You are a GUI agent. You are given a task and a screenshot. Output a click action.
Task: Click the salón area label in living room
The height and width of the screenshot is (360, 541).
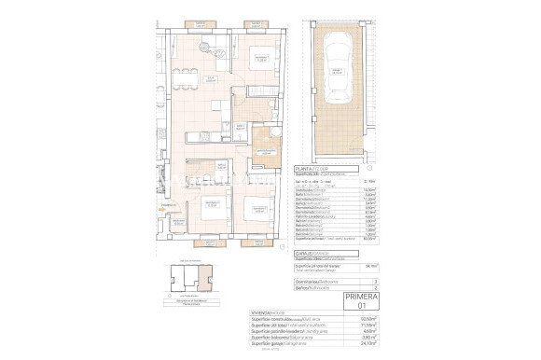click(212, 80)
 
